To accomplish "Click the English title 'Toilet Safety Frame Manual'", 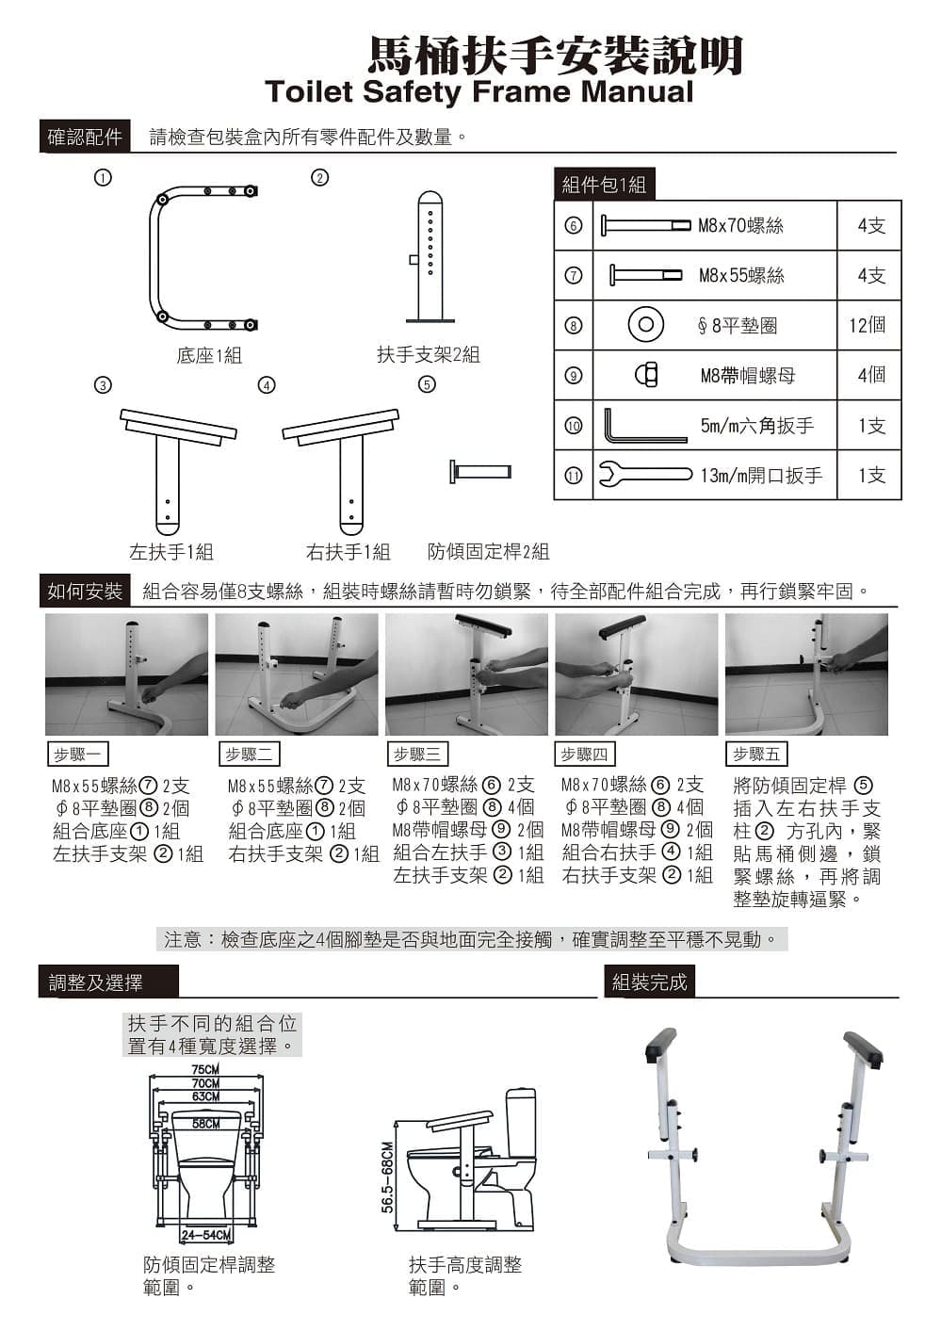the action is click(479, 92).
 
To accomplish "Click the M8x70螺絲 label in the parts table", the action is click(740, 226).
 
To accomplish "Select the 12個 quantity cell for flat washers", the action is click(868, 325).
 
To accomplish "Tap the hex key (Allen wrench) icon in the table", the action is click(645, 426).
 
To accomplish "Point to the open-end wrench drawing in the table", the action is click(645, 475).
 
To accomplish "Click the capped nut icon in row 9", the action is click(646, 375).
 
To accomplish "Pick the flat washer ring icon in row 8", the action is click(646, 324).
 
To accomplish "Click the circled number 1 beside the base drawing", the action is click(103, 178).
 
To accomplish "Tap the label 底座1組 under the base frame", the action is click(209, 355).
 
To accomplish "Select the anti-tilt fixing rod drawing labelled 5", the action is click(480, 472).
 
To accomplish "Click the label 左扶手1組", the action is click(171, 552).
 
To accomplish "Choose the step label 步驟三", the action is click(417, 754).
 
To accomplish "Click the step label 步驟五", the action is click(756, 754).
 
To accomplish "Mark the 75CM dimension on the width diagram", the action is click(205, 1069).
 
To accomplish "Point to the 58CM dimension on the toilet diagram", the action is click(205, 1124).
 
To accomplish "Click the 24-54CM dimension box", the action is click(206, 1235).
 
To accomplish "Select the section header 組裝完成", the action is click(649, 982).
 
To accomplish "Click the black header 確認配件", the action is click(85, 138).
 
